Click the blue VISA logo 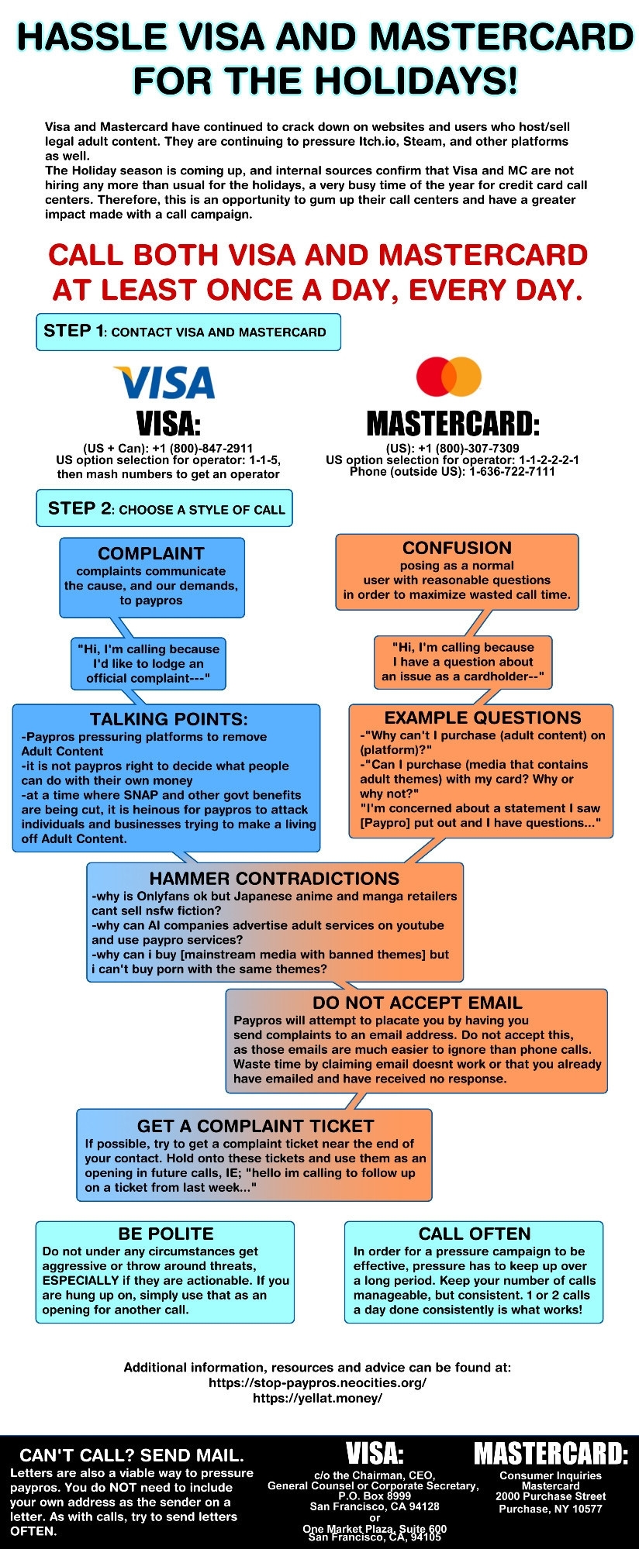click(x=164, y=382)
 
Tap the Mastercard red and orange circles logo click(x=449, y=377)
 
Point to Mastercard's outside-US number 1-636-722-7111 click(x=512, y=471)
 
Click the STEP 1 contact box click(x=188, y=332)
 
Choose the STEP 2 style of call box click(x=164, y=508)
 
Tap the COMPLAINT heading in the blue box click(x=151, y=553)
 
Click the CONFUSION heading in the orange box click(x=457, y=548)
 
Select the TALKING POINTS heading click(x=169, y=719)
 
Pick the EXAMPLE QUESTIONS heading click(x=482, y=718)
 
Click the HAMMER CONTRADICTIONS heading click(x=275, y=878)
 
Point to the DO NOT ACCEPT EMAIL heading click(x=417, y=1003)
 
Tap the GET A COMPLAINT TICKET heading click(x=255, y=1126)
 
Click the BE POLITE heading click(x=165, y=1234)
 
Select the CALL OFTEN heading click(x=475, y=1234)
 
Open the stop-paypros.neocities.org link click(x=317, y=1382)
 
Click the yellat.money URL click(x=317, y=1398)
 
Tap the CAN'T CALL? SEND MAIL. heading click(x=132, y=1455)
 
